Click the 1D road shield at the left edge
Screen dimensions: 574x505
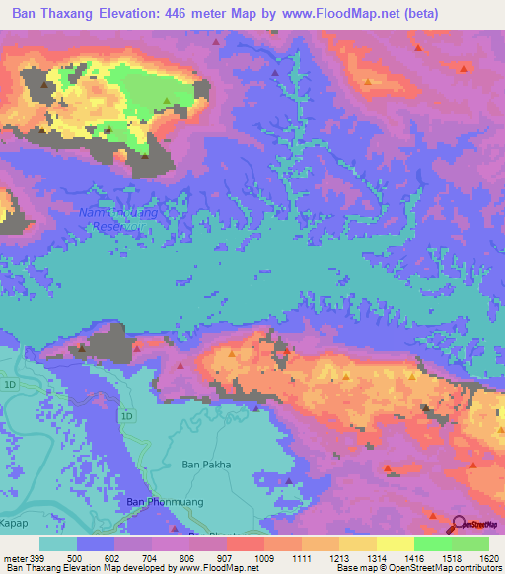click(x=10, y=383)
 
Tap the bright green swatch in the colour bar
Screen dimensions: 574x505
click(x=432, y=543)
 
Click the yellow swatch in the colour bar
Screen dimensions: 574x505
click(x=395, y=543)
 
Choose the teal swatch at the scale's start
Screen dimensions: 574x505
click(x=58, y=543)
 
